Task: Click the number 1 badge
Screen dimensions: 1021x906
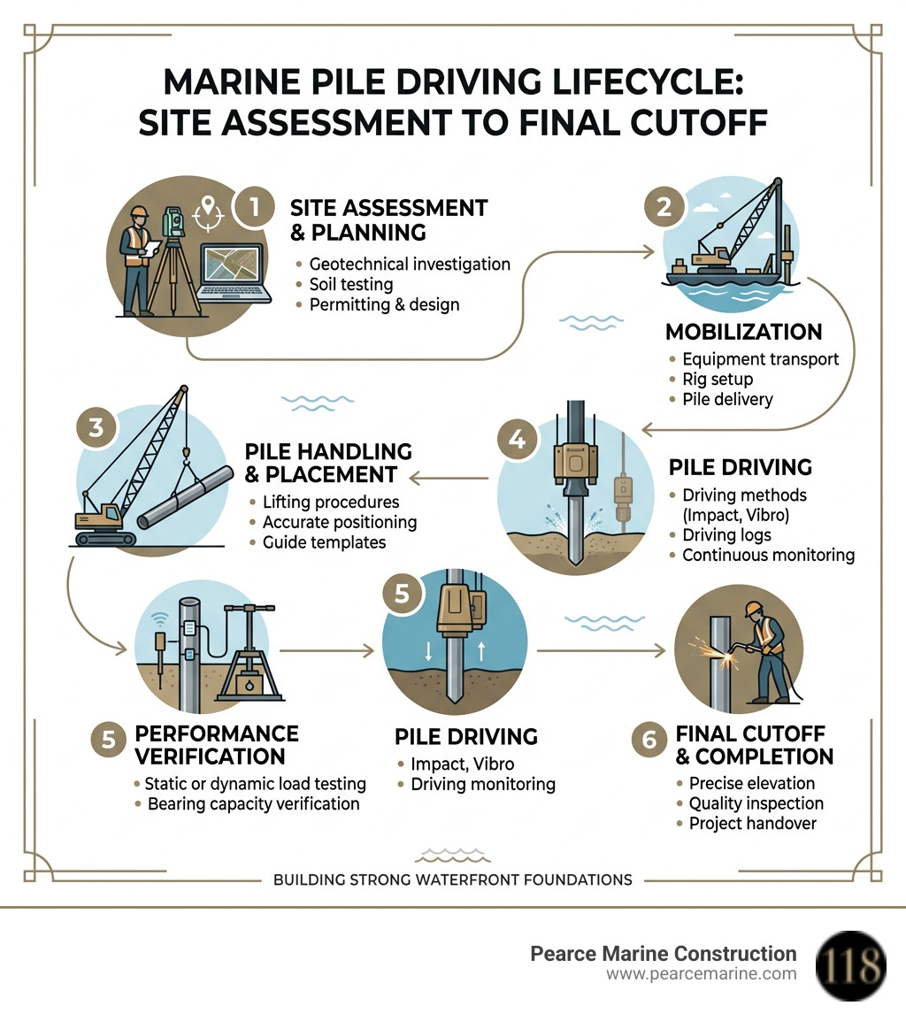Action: pos(253,208)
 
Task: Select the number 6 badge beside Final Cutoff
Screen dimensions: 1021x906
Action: pos(649,739)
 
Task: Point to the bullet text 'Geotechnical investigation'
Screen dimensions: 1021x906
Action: pos(409,264)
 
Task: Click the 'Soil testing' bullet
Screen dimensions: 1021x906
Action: pos(351,284)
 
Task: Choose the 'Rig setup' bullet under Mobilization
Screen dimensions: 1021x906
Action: pos(718,380)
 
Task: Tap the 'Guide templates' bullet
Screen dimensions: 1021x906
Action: pos(324,542)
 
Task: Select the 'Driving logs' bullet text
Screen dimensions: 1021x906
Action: pos(726,535)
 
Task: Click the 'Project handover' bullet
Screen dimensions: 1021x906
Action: pos(752,823)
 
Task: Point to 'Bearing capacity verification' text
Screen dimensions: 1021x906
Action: pos(253,803)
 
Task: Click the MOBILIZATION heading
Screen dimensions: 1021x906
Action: pos(743,332)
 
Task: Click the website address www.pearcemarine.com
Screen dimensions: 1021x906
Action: pos(701,974)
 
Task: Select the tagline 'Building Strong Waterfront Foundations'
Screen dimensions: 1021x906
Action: pos(452,879)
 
